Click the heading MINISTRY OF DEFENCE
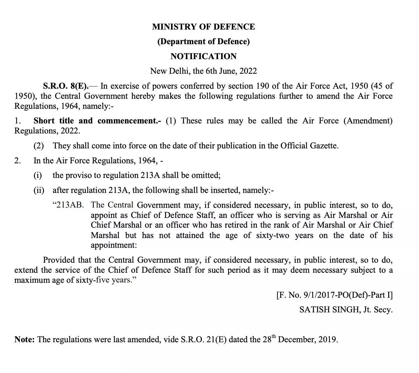tap(203, 27)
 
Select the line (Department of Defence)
tap(203, 41)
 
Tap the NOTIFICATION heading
tap(203, 56)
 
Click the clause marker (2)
tap(38, 146)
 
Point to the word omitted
tap(206, 175)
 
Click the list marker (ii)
tap(39, 190)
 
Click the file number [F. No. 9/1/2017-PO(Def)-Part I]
tap(334, 295)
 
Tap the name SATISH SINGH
tap(329, 310)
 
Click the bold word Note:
tap(25, 339)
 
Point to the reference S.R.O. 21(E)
tap(203, 339)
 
